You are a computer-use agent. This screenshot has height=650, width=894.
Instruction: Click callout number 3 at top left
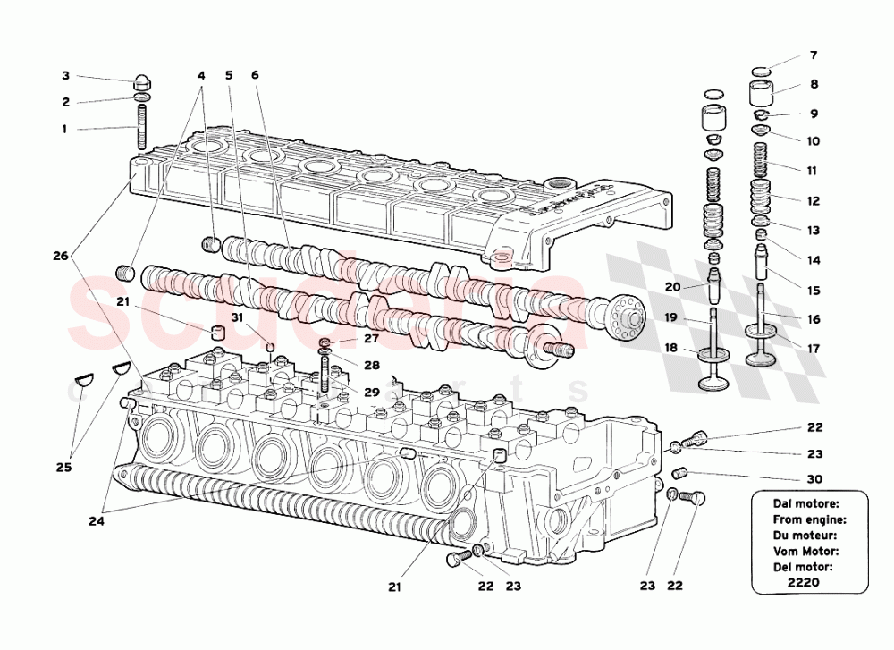pos(65,75)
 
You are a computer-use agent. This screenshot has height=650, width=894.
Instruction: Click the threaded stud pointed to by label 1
pos(141,128)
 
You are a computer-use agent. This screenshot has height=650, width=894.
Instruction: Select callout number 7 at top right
pos(813,55)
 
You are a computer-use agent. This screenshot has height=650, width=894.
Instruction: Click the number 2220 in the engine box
pos(807,583)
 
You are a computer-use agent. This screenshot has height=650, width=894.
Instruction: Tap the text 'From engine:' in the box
pos(809,519)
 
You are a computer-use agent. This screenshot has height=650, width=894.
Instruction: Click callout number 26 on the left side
pos(60,256)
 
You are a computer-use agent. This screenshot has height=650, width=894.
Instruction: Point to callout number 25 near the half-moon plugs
pos(63,467)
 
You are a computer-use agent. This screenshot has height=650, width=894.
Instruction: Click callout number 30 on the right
pos(814,478)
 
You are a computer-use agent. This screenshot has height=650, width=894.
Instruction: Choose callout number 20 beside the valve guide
pos(673,287)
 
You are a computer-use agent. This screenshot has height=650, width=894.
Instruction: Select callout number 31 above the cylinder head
pos(237,317)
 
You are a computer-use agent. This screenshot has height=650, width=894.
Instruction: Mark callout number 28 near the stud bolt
pos(371,366)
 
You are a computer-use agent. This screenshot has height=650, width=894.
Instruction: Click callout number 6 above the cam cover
pos(255,75)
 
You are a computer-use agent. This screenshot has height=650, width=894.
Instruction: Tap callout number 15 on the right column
pos(813,291)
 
